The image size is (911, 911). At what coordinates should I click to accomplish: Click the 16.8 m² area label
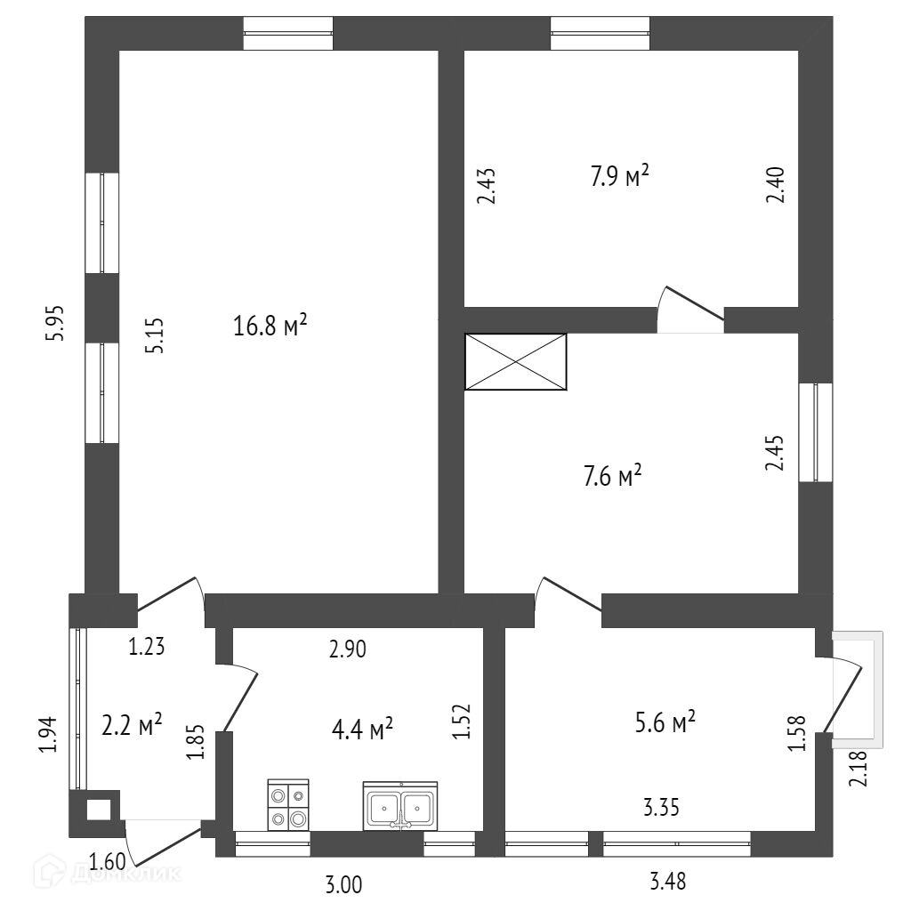(270, 327)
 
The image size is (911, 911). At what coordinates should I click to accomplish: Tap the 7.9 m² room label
(620, 177)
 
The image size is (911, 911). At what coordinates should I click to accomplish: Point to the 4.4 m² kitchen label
(362, 730)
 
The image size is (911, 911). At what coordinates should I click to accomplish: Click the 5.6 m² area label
(664, 722)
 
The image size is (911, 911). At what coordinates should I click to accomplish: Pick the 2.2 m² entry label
(132, 725)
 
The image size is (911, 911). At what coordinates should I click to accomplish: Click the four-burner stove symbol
(288, 805)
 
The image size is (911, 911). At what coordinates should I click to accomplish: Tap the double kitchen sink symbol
(399, 806)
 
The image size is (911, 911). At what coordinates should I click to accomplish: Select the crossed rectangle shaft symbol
(516, 361)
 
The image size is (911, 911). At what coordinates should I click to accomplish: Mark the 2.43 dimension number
(487, 187)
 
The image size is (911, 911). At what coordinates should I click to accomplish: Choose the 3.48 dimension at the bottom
(668, 882)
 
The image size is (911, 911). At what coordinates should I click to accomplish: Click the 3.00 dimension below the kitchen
(343, 884)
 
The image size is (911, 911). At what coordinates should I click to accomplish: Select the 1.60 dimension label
(107, 861)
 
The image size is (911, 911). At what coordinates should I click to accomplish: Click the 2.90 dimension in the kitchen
(348, 649)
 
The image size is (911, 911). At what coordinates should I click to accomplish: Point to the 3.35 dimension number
(662, 808)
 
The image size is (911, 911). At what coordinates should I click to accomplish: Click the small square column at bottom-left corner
(98, 810)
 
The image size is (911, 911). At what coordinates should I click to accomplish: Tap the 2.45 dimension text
(776, 453)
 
